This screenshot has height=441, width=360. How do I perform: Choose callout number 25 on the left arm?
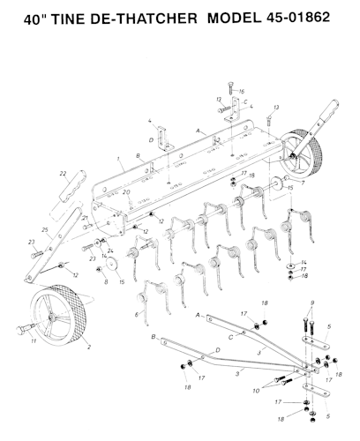44,229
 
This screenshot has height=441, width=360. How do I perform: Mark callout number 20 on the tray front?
126,191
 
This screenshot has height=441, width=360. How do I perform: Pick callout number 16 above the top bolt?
242,91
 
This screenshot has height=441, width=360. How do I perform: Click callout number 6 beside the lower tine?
136,313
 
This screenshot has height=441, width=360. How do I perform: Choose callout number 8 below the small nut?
105,283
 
